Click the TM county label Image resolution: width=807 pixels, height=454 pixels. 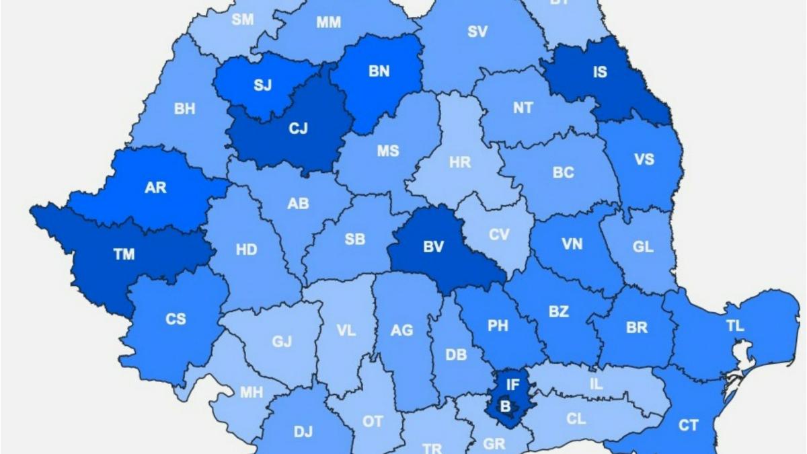point(124,254)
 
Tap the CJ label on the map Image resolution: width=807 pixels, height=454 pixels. point(298,128)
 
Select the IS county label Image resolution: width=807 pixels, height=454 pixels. point(599,71)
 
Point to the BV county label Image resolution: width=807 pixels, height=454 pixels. point(434,247)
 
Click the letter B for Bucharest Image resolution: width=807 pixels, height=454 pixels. point(504,406)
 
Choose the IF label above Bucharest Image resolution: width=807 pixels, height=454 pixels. point(513,385)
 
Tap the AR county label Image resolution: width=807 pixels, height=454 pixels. point(155,188)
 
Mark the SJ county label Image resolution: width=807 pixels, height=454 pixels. point(262,85)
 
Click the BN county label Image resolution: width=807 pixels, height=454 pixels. point(379,71)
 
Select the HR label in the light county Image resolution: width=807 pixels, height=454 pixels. point(460,162)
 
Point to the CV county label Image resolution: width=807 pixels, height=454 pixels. point(499,235)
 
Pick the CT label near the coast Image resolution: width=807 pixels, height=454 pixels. point(688,425)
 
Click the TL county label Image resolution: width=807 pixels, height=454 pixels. point(735,326)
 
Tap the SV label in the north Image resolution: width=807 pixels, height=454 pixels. point(477,32)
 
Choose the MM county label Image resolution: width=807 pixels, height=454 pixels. point(328,23)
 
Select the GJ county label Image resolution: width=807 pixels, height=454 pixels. point(282,342)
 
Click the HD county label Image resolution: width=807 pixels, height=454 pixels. point(246,250)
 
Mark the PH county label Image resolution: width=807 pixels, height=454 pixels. point(498,326)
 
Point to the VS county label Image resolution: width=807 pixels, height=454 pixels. point(644,159)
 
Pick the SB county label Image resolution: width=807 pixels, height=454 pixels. point(354,239)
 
